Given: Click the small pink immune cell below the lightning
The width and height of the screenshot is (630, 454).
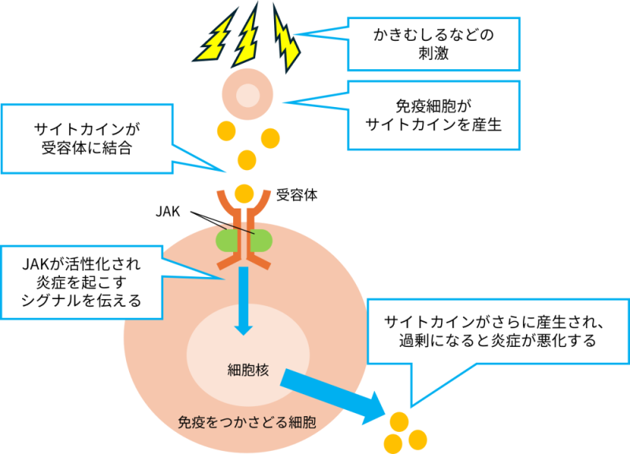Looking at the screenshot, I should click(247, 95).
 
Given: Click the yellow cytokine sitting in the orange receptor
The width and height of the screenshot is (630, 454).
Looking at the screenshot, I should click(245, 191).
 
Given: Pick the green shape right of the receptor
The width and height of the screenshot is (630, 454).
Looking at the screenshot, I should click(263, 238).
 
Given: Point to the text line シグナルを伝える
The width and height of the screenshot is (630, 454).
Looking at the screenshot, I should click(83, 300).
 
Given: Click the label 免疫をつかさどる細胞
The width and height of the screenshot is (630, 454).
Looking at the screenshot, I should click(247, 422).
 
